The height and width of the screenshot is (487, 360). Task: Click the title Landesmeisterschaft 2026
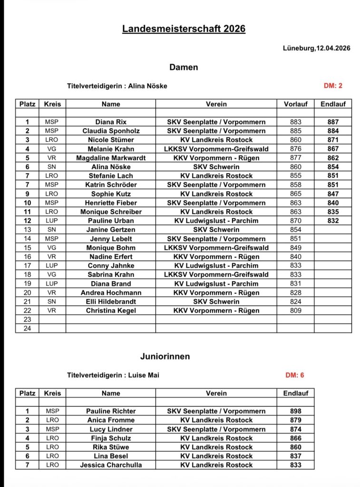[x=184, y=29]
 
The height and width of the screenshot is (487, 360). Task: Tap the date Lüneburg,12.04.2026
[x=317, y=48]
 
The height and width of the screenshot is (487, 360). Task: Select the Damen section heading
[x=184, y=68]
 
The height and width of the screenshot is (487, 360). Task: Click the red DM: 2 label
[x=333, y=86]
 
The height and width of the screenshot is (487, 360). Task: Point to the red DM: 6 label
[x=295, y=375]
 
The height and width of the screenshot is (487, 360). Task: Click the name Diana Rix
[x=111, y=122]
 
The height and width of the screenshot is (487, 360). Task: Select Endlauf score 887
[x=333, y=122]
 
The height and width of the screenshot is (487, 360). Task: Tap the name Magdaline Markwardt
[x=111, y=158]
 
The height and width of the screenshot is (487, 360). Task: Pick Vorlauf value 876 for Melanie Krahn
[x=295, y=149]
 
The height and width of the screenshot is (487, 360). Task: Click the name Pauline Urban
[x=111, y=221]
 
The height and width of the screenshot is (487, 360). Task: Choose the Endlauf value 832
[x=333, y=221]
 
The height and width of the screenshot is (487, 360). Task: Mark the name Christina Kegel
[x=111, y=311]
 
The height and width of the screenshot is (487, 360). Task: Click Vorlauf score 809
[x=295, y=311]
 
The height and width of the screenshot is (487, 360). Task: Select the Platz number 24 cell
[x=27, y=329]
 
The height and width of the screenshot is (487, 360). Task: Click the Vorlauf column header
[x=295, y=104]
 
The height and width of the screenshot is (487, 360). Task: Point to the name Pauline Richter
[x=111, y=411]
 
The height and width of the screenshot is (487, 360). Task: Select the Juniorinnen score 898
[x=295, y=411]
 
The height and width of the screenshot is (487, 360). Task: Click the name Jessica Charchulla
[x=111, y=465]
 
